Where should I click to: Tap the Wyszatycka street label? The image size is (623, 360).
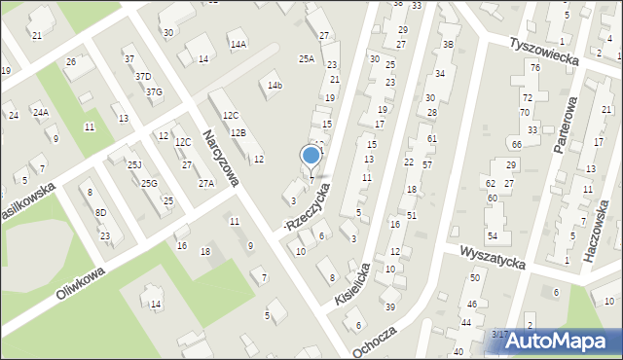click(x=493, y=258)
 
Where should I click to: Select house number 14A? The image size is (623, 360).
click(x=238, y=44)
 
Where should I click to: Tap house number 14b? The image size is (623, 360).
click(x=275, y=86)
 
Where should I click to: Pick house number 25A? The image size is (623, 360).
click(x=307, y=59)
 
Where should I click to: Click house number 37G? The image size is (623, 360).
click(x=154, y=92)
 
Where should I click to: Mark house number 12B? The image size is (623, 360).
click(x=238, y=132)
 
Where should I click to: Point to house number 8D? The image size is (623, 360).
click(x=100, y=212)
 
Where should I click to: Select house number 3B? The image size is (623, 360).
click(x=448, y=44)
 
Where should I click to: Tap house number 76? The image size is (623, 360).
click(x=534, y=66)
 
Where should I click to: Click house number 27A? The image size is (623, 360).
click(x=205, y=183)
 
